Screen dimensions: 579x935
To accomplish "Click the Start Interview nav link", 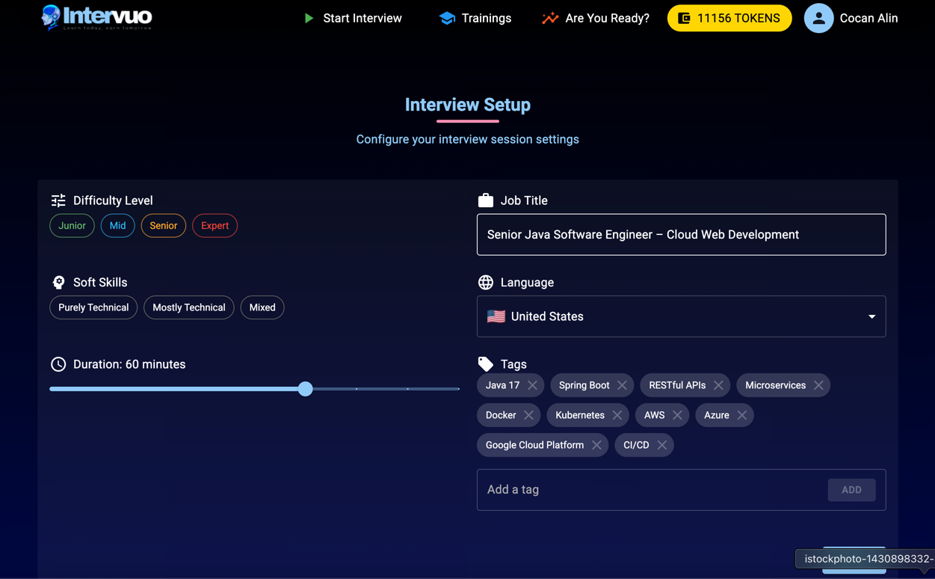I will (x=353, y=18).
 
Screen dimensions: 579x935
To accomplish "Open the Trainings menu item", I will (x=475, y=18).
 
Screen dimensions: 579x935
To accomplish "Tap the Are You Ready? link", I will (x=596, y=18).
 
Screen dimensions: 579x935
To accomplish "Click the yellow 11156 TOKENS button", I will (x=729, y=18).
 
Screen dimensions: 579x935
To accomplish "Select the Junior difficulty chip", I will (x=72, y=226).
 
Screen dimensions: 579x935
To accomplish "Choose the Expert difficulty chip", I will (x=215, y=226).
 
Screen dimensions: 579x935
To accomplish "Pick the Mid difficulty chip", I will (x=117, y=226).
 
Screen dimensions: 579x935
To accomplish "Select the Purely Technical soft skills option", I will (x=93, y=307).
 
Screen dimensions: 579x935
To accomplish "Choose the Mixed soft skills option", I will (x=262, y=307).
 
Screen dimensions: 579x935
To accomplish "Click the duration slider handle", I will (x=305, y=389).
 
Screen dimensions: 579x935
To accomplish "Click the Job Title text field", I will (x=681, y=235).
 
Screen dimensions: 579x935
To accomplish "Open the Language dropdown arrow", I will (x=871, y=316).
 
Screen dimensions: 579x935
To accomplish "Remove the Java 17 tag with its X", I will (x=532, y=385).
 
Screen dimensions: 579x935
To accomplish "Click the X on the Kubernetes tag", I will (x=617, y=415).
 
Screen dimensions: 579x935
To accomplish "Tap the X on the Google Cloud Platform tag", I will (x=596, y=445).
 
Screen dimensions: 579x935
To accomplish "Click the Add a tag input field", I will (x=650, y=490).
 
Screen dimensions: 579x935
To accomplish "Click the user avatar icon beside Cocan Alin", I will (x=818, y=18).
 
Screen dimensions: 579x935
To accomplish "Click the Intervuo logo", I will (x=96, y=17).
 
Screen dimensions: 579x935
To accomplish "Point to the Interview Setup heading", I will (x=467, y=105).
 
